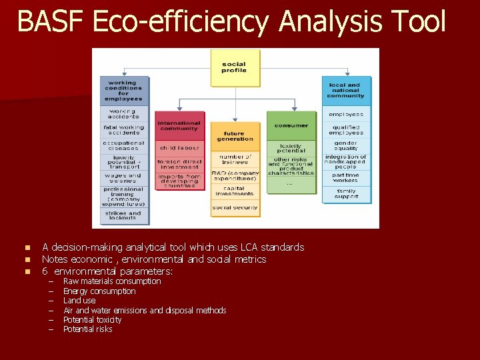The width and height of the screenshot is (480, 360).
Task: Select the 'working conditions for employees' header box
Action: coord(124,91)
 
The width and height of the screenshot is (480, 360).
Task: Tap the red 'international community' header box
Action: coord(179,125)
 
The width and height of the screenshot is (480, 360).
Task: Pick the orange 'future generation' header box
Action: coord(235,136)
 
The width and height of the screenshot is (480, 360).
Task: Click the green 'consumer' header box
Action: coord(291,125)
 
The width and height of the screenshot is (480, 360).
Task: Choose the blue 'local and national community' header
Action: coord(346,91)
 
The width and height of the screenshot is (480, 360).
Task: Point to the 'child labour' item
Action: coord(179,147)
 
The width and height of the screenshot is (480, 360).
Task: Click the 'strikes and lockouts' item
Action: coord(124,215)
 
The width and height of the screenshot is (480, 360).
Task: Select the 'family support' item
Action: coord(346,194)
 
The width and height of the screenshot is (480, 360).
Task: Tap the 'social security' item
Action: coord(235,207)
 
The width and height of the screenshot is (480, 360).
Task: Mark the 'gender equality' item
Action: coord(346,145)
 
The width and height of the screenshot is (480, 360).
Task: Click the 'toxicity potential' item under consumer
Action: coord(291,147)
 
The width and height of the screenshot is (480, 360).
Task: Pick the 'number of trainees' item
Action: coord(235,159)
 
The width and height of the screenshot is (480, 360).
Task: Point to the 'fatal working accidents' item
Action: coord(124,129)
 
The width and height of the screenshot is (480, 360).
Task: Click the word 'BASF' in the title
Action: coord(51,21)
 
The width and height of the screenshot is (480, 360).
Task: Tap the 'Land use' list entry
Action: coord(79,301)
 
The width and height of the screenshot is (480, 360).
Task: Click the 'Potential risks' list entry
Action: coord(87,329)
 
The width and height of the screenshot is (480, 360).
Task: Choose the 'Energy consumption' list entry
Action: coord(99,291)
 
